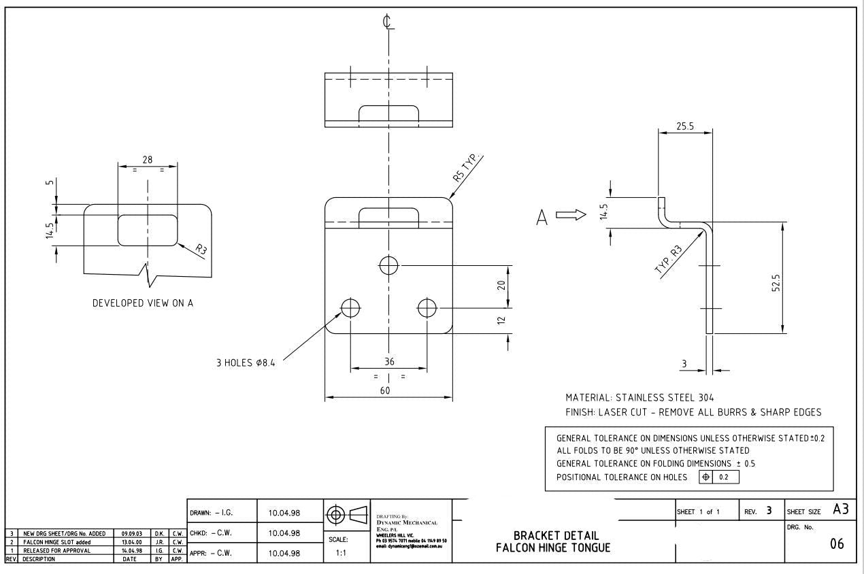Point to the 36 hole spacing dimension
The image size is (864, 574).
(x=388, y=362)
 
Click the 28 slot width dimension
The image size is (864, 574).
(x=147, y=159)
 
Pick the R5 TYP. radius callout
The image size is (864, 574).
(x=467, y=166)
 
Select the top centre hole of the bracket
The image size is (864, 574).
(x=388, y=265)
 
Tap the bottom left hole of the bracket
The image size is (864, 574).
(x=350, y=308)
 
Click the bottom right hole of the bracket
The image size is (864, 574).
(x=427, y=308)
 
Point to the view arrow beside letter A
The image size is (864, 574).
(x=571, y=216)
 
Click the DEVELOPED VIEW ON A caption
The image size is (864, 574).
(x=143, y=303)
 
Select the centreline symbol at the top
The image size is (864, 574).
(x=388, y=22)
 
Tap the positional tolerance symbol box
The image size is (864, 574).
(x=719, y=477)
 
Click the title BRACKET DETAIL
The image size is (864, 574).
(x=556, y=535)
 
